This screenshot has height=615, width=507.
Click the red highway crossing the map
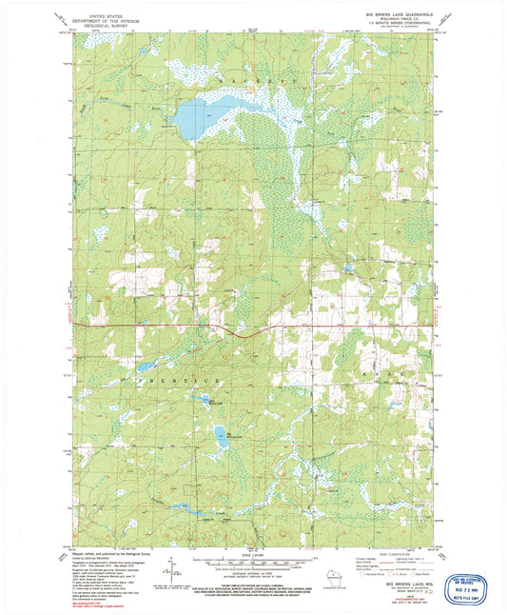[285, 327]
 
